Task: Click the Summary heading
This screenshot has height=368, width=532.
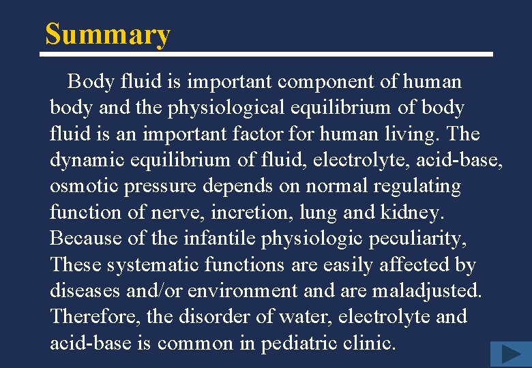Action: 107,34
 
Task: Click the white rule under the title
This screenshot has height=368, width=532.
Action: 269,54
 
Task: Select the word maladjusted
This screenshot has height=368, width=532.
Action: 426,291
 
